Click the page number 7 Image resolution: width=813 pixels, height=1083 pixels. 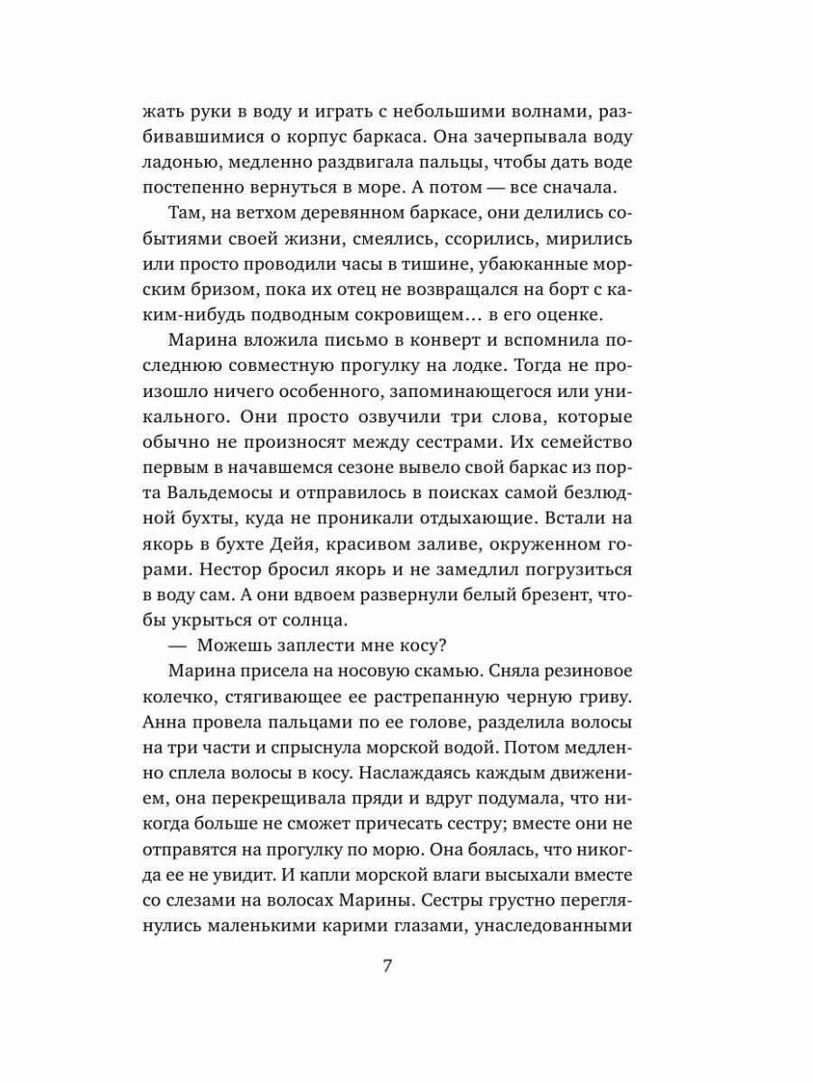coord(388,966)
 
